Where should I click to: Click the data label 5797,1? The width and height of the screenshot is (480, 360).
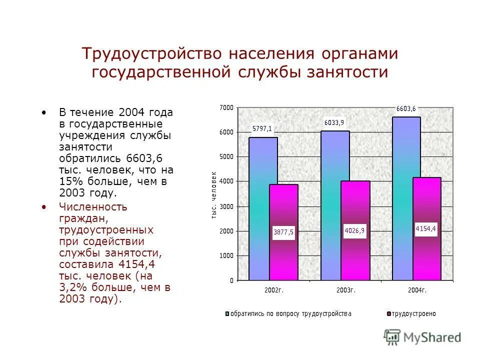point(262,128)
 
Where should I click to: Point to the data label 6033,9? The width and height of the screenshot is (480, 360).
point(334,122)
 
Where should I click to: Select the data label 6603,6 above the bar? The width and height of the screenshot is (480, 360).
point(405,108)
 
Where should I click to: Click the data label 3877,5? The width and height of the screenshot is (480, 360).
point(283,232)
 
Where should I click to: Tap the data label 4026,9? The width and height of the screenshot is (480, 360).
point(354,230)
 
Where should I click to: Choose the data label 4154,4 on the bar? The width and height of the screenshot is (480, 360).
point(426,228)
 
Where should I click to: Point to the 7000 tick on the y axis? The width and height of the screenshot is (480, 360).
point(226,107)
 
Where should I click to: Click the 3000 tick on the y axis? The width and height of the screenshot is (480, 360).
point(226,206)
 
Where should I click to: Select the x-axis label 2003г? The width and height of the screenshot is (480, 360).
point(345,290)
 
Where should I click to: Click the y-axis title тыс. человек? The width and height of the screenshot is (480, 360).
point(213,195)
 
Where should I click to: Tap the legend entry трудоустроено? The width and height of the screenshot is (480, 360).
point(413,313)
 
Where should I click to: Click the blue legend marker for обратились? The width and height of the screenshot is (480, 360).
point(227,313)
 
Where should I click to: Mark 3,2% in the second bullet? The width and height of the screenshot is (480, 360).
point(72,287)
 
